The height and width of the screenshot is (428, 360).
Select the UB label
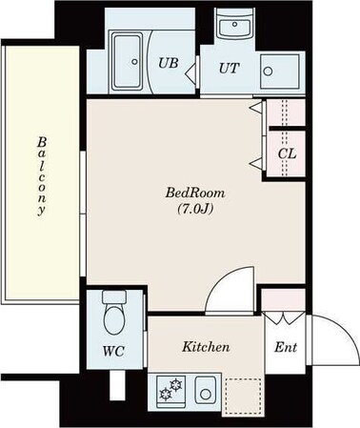[168, 64]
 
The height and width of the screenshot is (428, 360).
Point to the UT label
[230, 67]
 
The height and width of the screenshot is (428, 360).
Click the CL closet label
[286, 153]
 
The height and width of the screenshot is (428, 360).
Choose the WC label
[113, 349]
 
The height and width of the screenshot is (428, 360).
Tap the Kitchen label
[206, 347]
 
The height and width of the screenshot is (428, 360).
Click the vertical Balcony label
[41, 176]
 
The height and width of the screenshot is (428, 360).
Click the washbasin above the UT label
[230, 29]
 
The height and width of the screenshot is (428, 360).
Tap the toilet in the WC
[113, 313]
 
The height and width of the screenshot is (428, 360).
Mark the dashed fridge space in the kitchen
[243, 392]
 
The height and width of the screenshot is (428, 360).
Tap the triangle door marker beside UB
[190, 68]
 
